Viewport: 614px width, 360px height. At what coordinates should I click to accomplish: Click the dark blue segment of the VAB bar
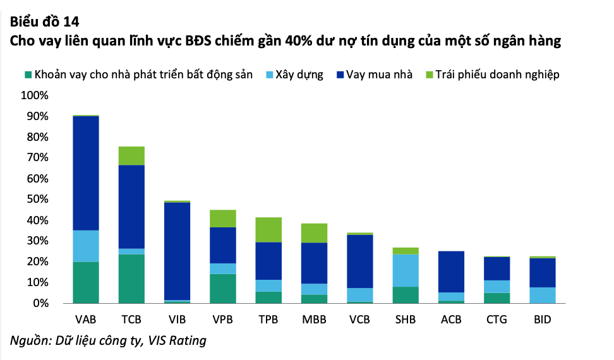[86, 173]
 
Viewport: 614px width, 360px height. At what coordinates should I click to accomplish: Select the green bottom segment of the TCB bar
[131, 279]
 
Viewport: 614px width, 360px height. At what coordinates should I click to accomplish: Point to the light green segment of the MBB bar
[315, 233]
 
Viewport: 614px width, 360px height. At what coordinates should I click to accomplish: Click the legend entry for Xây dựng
[299, 75]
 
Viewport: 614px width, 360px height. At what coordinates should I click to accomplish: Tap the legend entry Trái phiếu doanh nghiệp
[497, 75]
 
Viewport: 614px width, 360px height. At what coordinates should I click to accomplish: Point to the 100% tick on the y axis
[34, 96]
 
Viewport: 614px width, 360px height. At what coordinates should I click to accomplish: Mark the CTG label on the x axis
[497, 319]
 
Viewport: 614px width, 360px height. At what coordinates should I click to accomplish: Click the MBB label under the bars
[315, 319]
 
